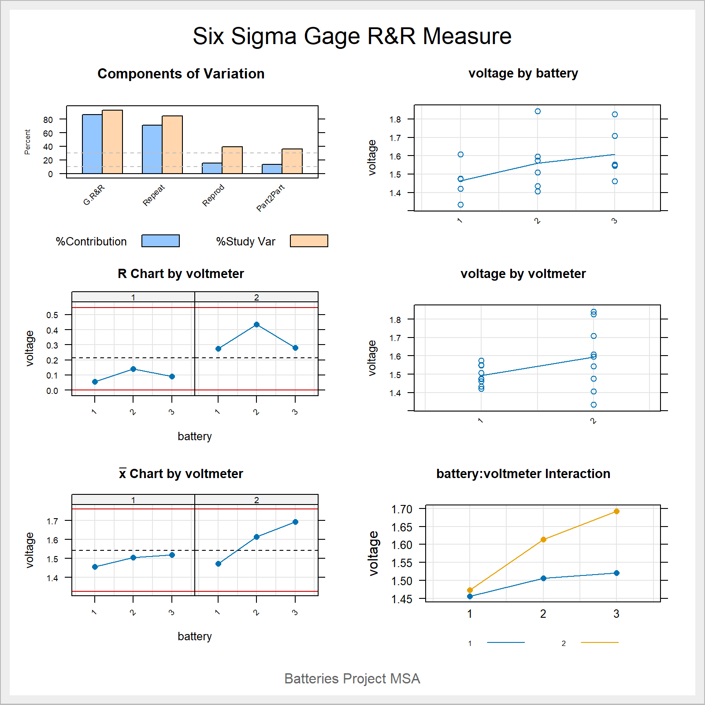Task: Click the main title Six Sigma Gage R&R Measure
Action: click(x=352, y=36)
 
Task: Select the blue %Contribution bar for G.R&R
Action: click(x=92, y=144)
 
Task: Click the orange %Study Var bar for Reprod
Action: click(x=232, y=160)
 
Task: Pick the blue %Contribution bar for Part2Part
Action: click(x=272, y=169)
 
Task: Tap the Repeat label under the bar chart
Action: click(x=154, y=195)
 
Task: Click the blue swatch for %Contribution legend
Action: click(x=160, y=241)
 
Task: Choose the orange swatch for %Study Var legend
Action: click(x=309, y=241)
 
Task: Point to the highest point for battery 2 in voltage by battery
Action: click(x=538, y=111)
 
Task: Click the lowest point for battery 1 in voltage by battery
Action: click(x=460, y=204)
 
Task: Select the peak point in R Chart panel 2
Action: click(x=256, y=325)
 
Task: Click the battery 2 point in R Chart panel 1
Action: click(x=133, y=369)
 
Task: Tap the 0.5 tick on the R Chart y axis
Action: click(x=52, y=315)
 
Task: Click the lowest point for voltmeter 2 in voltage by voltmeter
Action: click(x=594, y=404)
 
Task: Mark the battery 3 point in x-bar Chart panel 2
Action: click(x=295, y=522)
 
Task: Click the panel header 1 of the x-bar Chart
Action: click(x=133, y=500)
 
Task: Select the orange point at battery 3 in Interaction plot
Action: click(x=616, y=512)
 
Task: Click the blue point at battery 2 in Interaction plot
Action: click(x=543, y=578)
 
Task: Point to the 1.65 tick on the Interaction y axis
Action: click(x=401, y=527)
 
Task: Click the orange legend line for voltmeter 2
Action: click(x=599, y=643)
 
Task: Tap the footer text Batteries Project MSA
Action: click(x=352, y=679)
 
